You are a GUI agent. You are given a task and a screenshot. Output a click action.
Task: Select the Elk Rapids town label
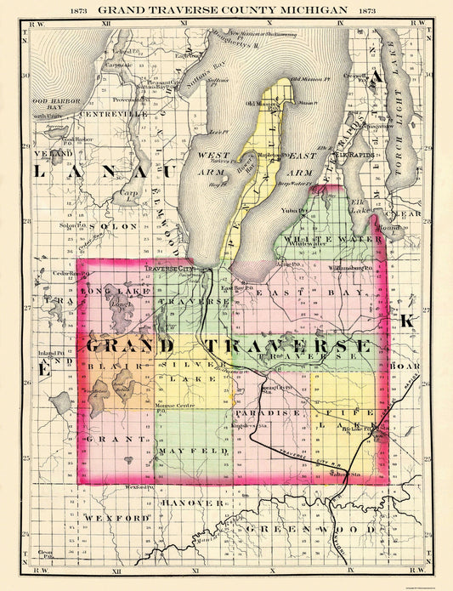(356, 156)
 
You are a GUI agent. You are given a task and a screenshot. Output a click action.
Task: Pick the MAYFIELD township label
(195, 448)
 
